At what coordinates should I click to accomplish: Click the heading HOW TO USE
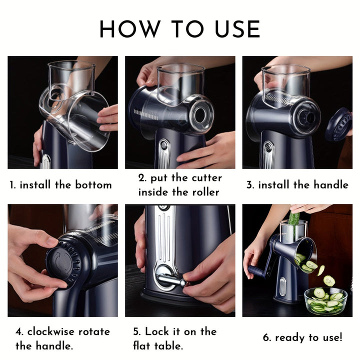click(180, 29)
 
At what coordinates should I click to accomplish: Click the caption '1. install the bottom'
click(61, 185)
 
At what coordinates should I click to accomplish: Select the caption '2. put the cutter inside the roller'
click(180, 185)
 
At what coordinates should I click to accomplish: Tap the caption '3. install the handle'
click(297, 185)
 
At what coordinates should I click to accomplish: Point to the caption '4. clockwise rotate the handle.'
click(62, 338)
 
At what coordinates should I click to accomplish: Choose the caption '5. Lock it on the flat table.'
click(174, 338)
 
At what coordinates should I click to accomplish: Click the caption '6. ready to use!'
click(302, 337)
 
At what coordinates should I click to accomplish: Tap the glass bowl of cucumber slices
click(326, 300)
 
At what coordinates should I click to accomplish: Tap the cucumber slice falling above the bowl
click(328, 280)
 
